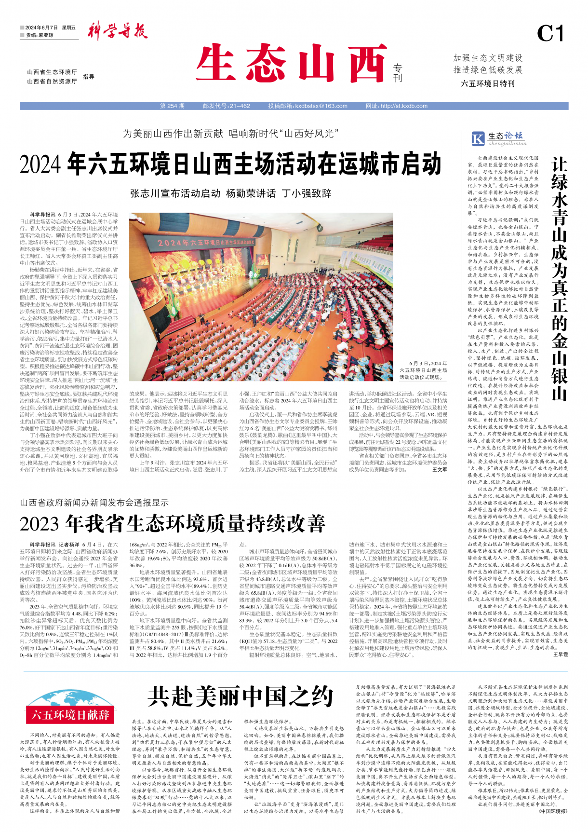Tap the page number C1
pyautogui.click(x=550, y=34)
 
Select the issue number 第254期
pyautogui.click(x=172, y=106)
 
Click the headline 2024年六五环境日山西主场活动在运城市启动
pyautogui.click(x=230, y=164)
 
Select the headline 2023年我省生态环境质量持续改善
pyautogui.click(x=173, y=523)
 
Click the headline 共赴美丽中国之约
pyautogui.click(x=241, y=697)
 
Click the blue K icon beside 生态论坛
pyautogui.click(x=478, y=139)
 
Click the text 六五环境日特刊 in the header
pyautogui.click(x=487, y=84)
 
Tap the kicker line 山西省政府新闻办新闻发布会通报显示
pyautogui.click(x=94, y=503)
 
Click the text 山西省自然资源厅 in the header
pyautogui.click(x=52, y=82)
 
